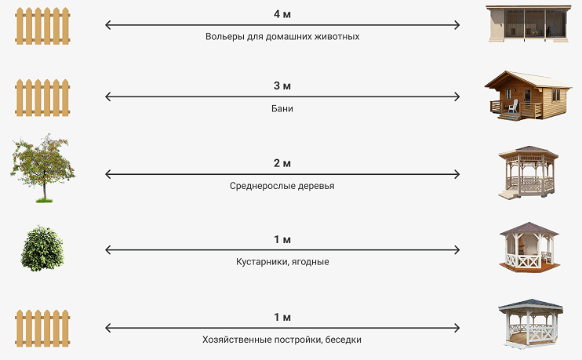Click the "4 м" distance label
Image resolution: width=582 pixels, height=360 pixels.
(x=282, y=14)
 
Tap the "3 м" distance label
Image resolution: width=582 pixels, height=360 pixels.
(x=282, y=85)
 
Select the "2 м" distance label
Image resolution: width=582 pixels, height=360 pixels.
(x=282, y=163)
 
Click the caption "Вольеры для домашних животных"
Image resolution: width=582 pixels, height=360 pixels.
(x=282, y=36)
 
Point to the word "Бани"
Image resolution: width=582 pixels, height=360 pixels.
(x=282, y=108)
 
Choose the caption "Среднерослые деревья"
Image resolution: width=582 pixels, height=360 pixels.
(x=282, y=186)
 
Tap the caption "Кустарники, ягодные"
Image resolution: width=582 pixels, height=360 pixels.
(x=282, y=262)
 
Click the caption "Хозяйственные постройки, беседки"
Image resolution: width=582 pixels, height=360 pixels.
(x=282, y=340)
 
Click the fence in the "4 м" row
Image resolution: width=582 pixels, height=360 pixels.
(x=42, y=26)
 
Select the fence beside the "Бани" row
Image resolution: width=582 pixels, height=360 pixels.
(x=42, y=97)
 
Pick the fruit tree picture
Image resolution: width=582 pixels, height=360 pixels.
(x=42, y=169)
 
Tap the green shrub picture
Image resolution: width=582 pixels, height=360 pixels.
(x=42, y=249)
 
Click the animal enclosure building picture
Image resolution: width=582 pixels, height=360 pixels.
(x=529, y=24)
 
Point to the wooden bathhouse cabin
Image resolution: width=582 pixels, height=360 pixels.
(x=528, y=96)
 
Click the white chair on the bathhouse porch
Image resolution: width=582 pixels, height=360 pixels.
(x=513, y=106)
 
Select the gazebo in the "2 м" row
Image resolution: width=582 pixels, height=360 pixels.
(x=528, y=173)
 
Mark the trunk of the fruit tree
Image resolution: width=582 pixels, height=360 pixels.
(x=45, y=189)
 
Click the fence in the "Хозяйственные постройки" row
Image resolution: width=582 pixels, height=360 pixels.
(x=42, y=329)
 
